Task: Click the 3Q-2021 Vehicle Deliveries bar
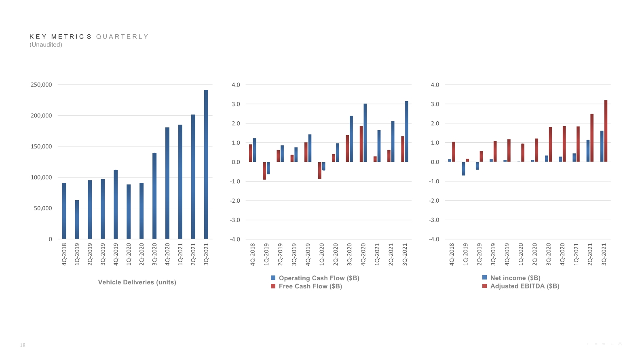coord(206,164)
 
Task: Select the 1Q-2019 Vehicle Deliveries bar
coord(77,220)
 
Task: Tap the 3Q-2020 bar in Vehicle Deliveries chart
coord(154,196)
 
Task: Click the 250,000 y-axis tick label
coord(41,85)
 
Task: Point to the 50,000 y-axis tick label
coord(43,208)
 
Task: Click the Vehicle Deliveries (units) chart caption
coord(137,282)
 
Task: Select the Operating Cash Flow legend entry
coord(315,278)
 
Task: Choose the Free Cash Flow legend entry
coord(306,286)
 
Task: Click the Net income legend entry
coord(511,277)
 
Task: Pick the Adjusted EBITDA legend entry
coord(521,286)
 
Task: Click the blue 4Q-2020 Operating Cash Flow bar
coord(365,133)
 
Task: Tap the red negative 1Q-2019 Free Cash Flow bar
coord(264,171)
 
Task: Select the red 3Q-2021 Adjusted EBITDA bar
coord(606,131)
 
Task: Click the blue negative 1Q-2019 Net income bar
coord(463,169)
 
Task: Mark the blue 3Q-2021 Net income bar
coord(602,146)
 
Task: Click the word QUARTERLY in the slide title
coord(122,36)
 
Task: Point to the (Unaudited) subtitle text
coord(46,44)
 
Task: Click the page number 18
coord(23,345)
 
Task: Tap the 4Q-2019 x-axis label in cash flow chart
coord(308,254)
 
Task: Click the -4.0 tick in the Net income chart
coord(434,239)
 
